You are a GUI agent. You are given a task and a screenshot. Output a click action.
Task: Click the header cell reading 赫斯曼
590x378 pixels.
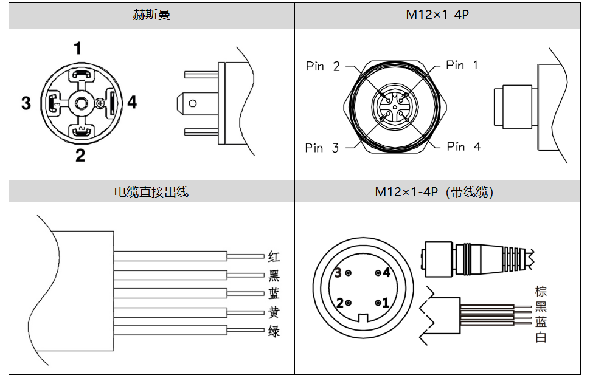[x=151, y=15]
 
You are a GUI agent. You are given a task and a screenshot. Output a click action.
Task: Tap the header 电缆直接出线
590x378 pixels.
[x=151, y=192]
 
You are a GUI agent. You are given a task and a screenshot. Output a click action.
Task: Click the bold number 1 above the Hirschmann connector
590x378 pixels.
[x=78, y=48]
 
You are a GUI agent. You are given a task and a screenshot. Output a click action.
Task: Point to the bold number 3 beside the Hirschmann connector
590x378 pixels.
[x=26, y=103]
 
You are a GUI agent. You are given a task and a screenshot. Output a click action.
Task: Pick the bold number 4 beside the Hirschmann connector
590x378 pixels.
[x=132, y=102]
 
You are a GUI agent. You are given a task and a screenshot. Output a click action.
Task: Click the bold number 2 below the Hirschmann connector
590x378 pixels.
[x=80, y=156]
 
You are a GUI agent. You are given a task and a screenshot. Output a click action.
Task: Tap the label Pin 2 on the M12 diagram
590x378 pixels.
[x=323, y=66]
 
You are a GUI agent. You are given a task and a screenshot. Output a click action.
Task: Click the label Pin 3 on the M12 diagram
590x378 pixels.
[x=322, y=148]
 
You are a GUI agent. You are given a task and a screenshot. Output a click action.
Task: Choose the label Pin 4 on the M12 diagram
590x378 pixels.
[x=463, y=146]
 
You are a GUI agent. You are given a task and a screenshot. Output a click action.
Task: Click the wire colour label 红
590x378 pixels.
[x=274, y=257]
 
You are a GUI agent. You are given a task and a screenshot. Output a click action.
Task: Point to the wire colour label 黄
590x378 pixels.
[x=274, y=313]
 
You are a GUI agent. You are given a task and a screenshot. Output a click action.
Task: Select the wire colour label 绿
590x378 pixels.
[x=274, y=332]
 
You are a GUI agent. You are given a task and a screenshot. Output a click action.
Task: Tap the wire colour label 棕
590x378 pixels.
[x=541, y=292]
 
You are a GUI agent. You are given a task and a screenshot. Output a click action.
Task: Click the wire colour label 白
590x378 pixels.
[x=541, y=337]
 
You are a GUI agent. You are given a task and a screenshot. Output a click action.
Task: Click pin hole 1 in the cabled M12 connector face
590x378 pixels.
[x=378, y=302]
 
